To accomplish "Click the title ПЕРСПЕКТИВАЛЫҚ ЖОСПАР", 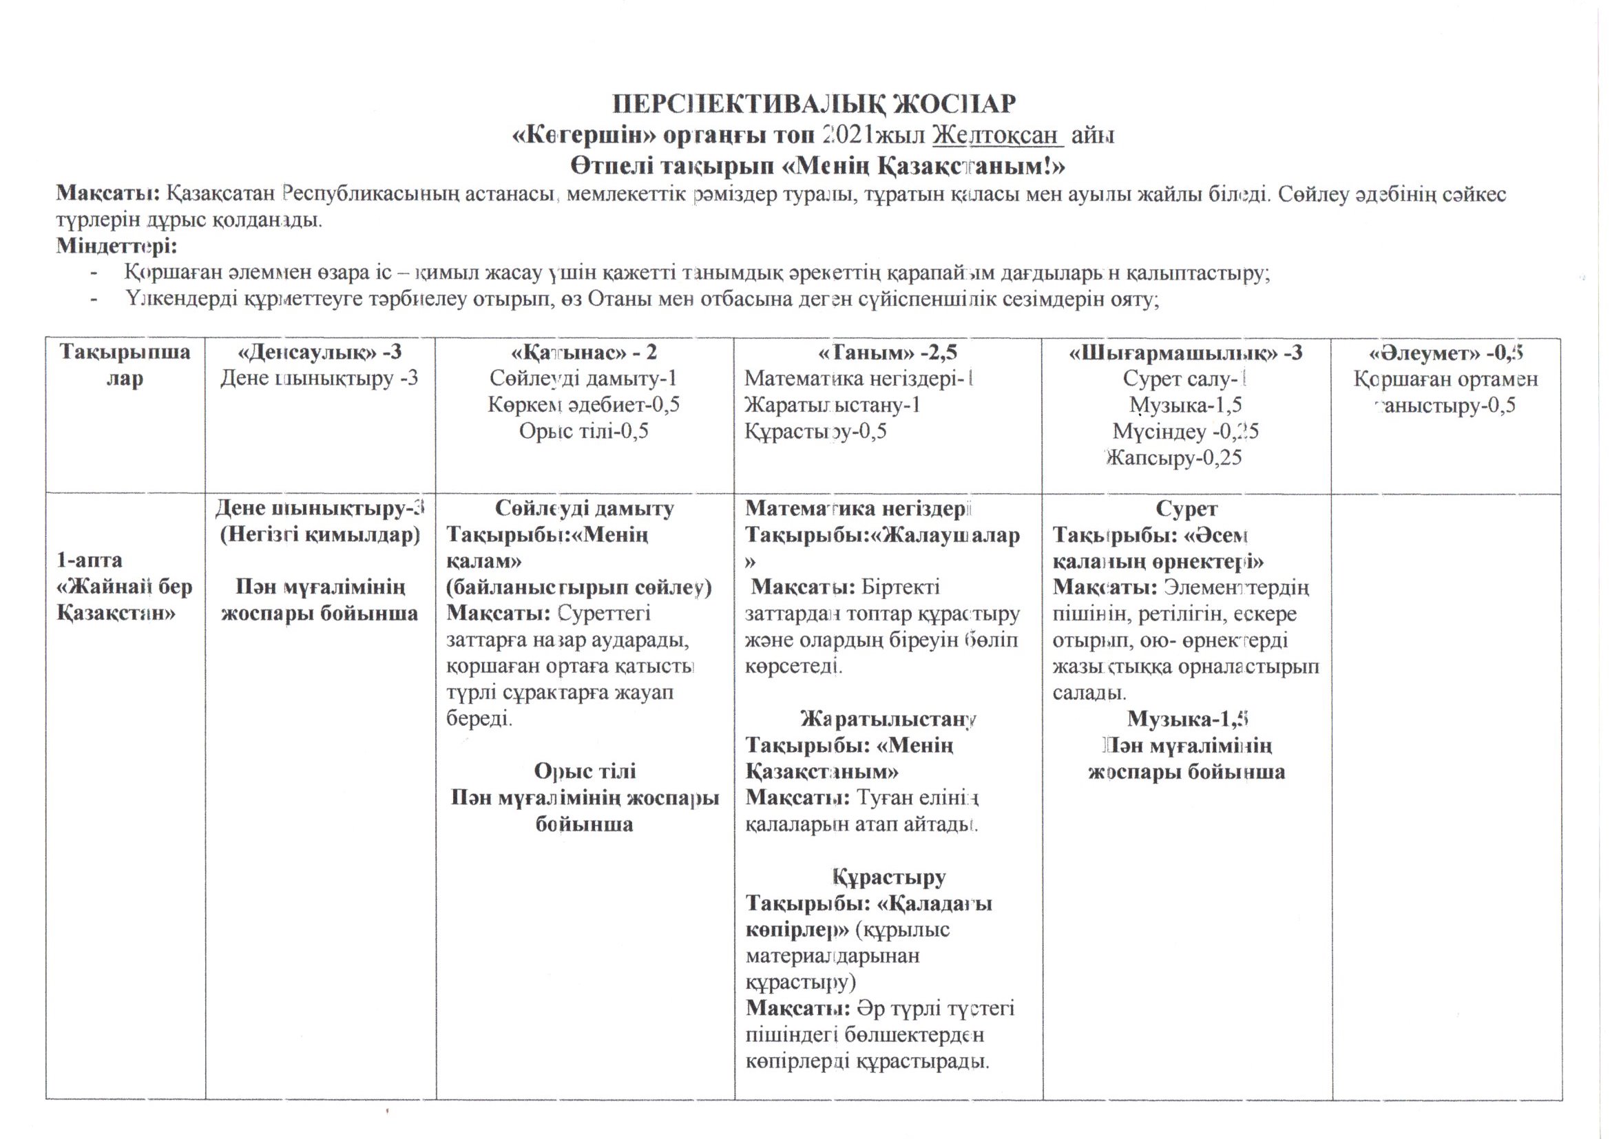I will click(814, 104).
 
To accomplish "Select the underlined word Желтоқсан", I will click(998, 136).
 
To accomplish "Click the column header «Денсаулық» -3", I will click(320, 352).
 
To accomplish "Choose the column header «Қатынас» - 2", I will click(584, 352).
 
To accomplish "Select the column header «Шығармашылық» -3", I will click(1186, 352).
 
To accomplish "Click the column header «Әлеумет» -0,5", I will click(1445, 352).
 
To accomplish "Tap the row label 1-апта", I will click(90, 560).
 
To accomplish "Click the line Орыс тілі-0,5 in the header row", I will click(583, 430).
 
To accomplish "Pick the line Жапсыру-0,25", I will click(1174, 458).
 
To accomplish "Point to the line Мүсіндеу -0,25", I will click(1186, 431).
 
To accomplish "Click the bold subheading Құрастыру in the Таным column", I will click(889, 877).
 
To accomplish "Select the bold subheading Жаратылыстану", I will click(888, 719).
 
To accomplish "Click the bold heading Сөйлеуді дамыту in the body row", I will click(584, 508).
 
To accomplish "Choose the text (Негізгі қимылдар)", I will click(320, 535).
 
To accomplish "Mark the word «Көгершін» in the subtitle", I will click(584, 136).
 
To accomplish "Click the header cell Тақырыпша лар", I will click(125, 365).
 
